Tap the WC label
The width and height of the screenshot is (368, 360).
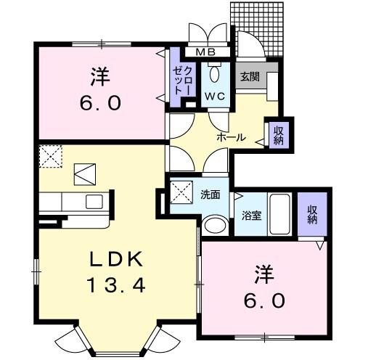(x=214, y=96)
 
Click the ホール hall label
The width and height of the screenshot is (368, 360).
(x=232, y=137)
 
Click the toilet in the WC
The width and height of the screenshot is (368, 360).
(x=214, y=74)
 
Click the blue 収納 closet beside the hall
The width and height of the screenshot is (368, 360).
(x=277, y=136)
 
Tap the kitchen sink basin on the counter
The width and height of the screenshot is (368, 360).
(x=95, y=200)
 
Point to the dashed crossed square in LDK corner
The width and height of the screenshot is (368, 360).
(x=50, y=156)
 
